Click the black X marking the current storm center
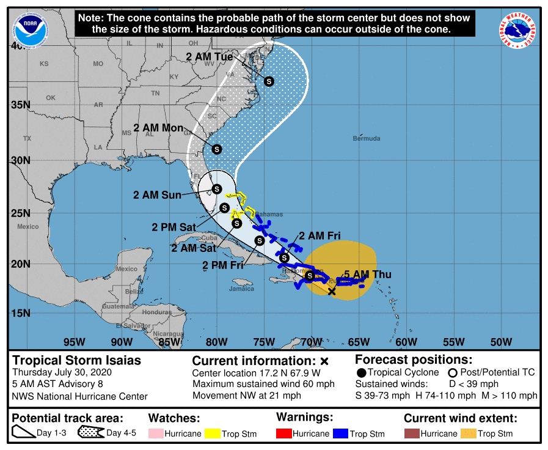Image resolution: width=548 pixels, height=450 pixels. click(332, 292)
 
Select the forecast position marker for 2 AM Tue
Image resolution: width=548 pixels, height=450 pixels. click(269, 81)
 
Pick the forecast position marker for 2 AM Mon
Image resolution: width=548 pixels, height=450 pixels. click(216, 149)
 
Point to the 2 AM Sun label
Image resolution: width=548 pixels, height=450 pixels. click(157, 195)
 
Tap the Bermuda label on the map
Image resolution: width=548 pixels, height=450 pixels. click(367, 138)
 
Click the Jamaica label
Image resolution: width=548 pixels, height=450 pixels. click(242, 289)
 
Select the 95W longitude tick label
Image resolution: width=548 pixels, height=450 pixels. click(74, 341)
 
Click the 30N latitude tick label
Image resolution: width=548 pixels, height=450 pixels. click(20, 160)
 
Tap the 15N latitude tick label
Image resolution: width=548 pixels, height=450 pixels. click(20, 313)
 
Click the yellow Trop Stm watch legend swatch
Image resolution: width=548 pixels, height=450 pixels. click(213, 433)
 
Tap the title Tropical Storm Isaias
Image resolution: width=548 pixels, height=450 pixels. click(77, 360)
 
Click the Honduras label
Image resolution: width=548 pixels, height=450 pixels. click(157, 312)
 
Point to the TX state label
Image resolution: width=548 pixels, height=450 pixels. click(27, 139)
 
